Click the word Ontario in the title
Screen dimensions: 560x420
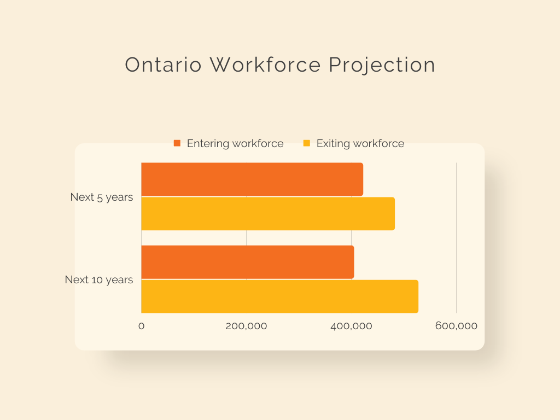[x=163, y=65]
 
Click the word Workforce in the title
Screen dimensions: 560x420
[x=265, y=65]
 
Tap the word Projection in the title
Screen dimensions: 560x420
[x=382, y=66]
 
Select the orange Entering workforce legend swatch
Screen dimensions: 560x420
[x=177, y=143]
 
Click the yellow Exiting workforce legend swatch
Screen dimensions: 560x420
[x=306, y=143]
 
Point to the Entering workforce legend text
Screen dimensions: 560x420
[x=235, y=144]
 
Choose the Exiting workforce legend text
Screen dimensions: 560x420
[x=360, y=144]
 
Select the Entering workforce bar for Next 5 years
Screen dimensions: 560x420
[x=252, y=179]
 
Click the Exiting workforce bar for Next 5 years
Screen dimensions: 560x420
[x=268, y=214]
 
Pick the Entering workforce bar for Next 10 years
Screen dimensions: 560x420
[x=248, y=262]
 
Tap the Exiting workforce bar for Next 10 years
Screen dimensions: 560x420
[x=279, y=296]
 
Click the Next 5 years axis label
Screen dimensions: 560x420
[x=101, y=197]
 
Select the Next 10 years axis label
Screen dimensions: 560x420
[x=98, y=279]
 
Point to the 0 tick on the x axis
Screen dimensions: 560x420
[x=142, y=326]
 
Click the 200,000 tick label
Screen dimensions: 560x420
[x=247, y=326]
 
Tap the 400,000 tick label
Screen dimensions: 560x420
[x=352, y=326]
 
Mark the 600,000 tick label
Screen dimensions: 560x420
[x=457, y=326]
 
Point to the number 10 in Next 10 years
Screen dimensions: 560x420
[x=97, y=279]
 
